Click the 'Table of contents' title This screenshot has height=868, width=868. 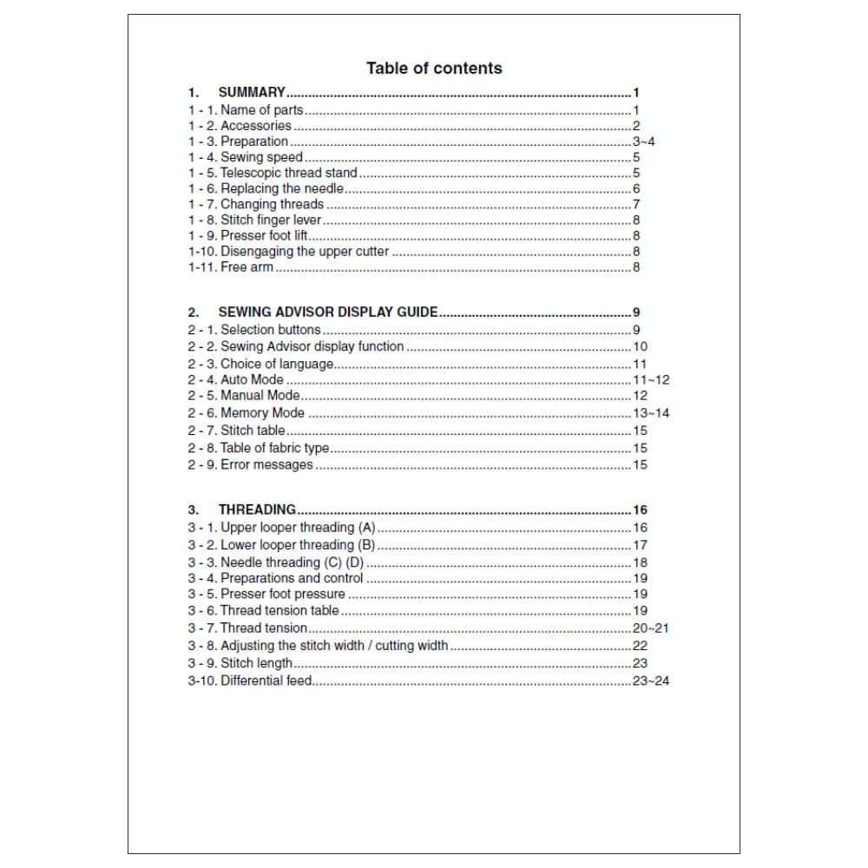click(x=434, y=69)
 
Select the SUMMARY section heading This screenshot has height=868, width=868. click(x=252, y=92)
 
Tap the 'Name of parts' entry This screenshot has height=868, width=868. click(x=261, y=110)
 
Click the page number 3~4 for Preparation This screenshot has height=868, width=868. click(x=643, y=141)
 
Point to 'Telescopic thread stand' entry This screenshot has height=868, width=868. click(x=289, y=173)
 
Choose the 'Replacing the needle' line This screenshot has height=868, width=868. click(x=282, y=188)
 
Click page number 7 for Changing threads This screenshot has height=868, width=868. click(x=636, y=204)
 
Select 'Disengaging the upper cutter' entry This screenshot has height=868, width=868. click(x=305, y=252)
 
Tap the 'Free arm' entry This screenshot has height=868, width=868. click(x=247, y=267)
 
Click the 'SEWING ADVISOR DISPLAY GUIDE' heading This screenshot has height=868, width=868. click(x=328, y=312)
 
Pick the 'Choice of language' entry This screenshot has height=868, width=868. click(x=277, y=364)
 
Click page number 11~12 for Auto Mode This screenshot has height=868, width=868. click(x=651, y=380)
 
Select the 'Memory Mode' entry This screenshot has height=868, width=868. click(x=262, y=413)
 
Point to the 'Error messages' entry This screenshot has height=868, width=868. click(x=266, y=465)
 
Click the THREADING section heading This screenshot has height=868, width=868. click(x=257, y=510)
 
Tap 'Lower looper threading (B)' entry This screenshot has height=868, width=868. click(x=298, y=545)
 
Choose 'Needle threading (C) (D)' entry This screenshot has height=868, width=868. click(x=292, y=562)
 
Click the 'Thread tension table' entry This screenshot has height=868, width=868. click(x=279, y=611)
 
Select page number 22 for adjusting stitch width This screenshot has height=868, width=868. click(x=640, y=646)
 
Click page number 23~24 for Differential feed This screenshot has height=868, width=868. click(x=651, y=681)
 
